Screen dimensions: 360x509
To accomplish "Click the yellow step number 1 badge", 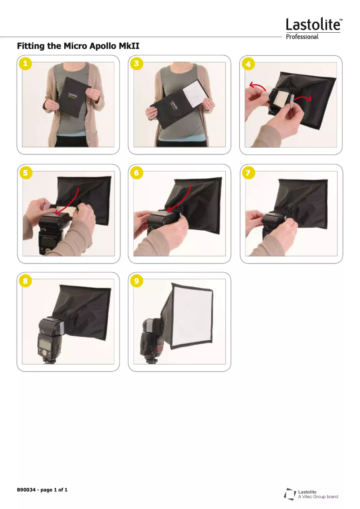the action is pyautogui.click(x=25, y=63).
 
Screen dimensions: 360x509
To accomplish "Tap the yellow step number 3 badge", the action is pyautogui.click(x=136, y=63).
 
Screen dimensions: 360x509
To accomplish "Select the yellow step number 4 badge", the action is pyautogui.click(x=248, y=64).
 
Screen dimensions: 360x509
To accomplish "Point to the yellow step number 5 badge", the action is pyautogui.click(x=26, y=173).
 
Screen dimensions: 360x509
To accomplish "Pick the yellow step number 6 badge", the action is pyautogui.click(x=136, y=173).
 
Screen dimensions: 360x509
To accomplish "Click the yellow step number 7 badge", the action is pyautogui.click(x=248, y=173).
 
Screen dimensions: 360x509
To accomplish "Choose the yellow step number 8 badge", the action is pyautogui.click(x=25, y=281).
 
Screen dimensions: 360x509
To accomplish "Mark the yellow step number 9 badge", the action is pyautogui.click(x=136, y=281).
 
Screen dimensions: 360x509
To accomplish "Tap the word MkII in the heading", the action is pyautogui.click(x=129, y=46).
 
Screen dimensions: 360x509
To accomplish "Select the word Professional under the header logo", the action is pyautogui.click(x=302, y=37).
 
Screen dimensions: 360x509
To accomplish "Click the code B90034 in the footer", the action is pyautogui.click(x=26, y=490).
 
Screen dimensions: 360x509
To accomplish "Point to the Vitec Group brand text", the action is pyautogui.click(x=318, y=497).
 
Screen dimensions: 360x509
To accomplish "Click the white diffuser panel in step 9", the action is pyautogui.click(x=192, y=316).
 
